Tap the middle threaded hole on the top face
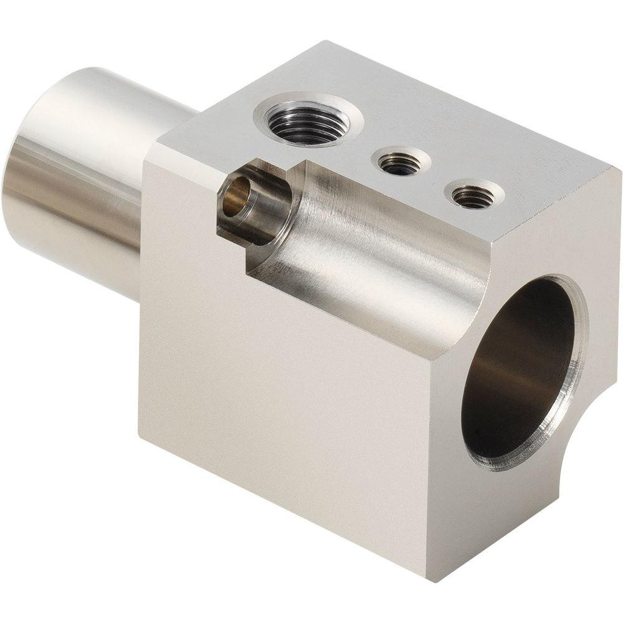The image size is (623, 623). tap(399, 163)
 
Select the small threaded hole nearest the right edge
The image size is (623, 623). tap(473, 196)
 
